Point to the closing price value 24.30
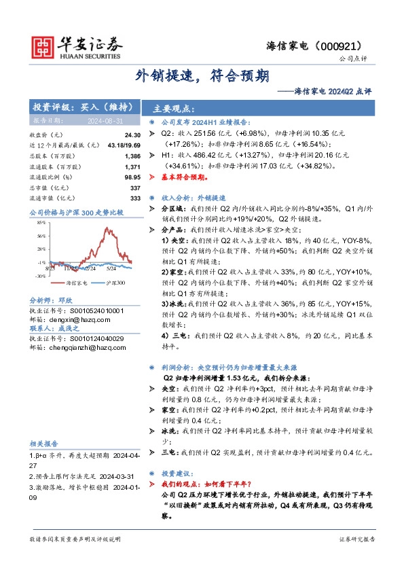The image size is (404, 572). coord(133,135)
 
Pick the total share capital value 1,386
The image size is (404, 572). coord(132,156)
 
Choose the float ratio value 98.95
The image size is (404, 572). coord(132,177)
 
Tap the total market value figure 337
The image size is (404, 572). coord(134,187)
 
